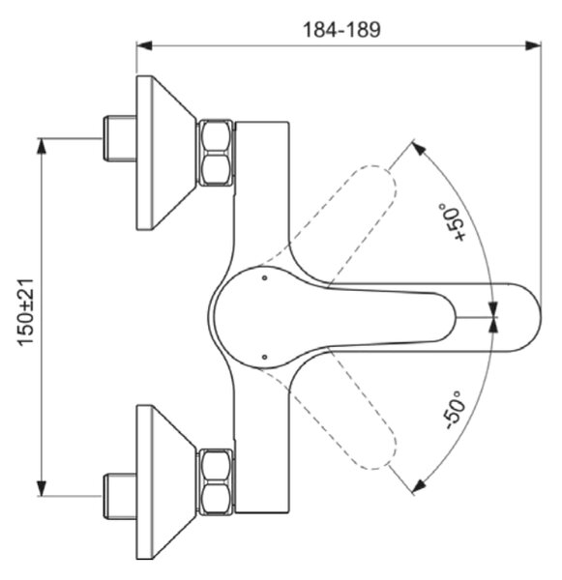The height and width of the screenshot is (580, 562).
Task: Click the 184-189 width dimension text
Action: tap(341, 30)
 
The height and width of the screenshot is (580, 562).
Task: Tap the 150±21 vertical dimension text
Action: tap(26, 313)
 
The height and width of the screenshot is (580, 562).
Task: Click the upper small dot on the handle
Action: tap(264, 277)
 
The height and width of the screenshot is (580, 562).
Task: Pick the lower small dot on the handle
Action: tap(264, 357)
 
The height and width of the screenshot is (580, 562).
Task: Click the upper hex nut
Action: tap(217, 153)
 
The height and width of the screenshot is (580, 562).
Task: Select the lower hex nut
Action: tap(217, 481)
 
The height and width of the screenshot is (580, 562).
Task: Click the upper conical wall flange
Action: tap(166, 153)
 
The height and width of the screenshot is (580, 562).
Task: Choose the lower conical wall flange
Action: tap(166, 481)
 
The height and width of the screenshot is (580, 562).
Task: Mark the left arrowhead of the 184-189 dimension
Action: tap(144, 45)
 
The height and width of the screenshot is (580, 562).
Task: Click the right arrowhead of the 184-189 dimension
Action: tap(533, 45)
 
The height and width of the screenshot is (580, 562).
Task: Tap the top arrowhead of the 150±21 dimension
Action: tap(42, 146)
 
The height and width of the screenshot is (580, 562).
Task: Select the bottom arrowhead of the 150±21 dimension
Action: tap(42, 488)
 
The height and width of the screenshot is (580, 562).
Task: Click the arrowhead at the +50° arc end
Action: tap(420, 149)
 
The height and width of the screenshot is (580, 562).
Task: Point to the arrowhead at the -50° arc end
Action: tap(420, 485)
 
